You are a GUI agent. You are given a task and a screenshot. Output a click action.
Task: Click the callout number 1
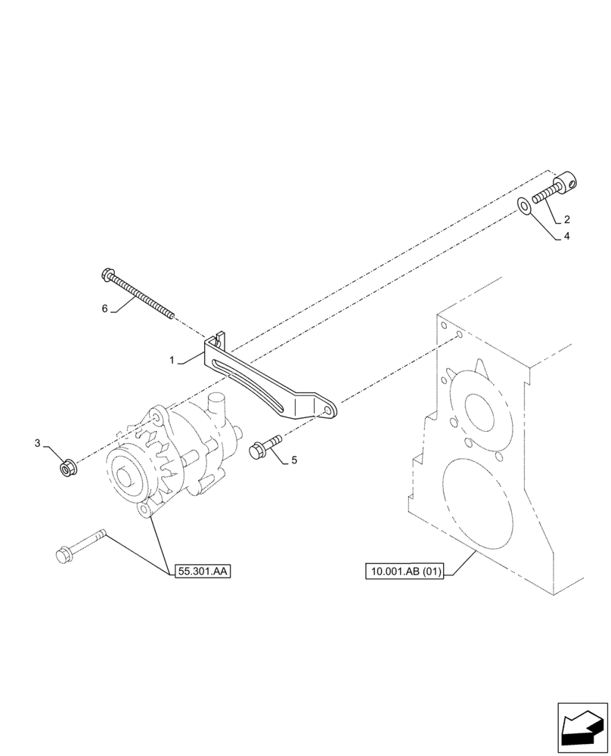click(x=174, y=361)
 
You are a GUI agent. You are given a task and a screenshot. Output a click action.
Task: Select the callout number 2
click(x=566, y=220)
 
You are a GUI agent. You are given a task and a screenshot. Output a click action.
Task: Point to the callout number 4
click(x=566, y=236)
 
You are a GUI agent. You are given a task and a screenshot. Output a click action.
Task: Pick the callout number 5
click(x=294, y=459)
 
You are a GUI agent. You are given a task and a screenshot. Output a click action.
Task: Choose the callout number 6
click(x=105, y=308)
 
